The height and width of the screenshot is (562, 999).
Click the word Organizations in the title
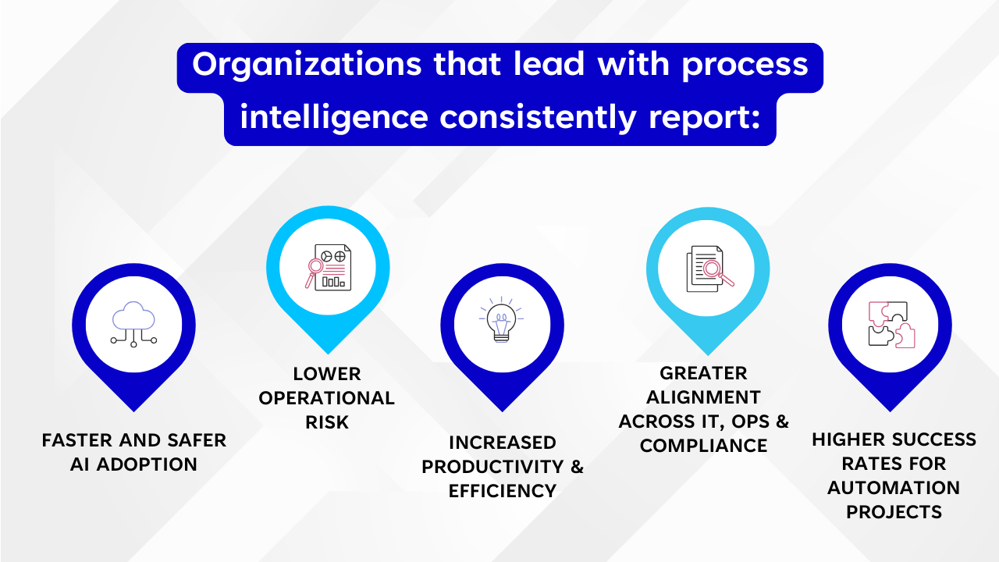click(x=307, y=65)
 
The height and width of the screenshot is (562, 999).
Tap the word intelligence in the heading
click(x=334, y=118)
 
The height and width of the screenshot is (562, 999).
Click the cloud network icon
click(x=133, y=324)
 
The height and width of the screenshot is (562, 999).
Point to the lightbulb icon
click(x=501, y=319)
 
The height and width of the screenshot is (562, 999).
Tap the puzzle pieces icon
click(x=891, y=325)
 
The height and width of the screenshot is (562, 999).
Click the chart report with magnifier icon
click(x=329, y=267)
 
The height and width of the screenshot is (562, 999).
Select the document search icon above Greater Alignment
click(x=709, y=269)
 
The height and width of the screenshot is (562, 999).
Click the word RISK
click(x=327, y=422)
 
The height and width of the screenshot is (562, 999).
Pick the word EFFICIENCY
click(x=503, y=491)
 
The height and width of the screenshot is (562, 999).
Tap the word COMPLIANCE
click(x=703, y=446)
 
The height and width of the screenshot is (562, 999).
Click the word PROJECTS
click(x=894, y=512)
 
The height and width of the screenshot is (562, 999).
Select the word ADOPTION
click(x=147, y=464)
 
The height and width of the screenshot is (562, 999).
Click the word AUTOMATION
click(x=894, y=488)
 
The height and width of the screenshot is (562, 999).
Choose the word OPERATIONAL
click(x=327, y=398)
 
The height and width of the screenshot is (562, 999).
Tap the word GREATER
click(x=703, y=373)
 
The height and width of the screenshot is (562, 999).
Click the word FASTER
click(x=76, y=440)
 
